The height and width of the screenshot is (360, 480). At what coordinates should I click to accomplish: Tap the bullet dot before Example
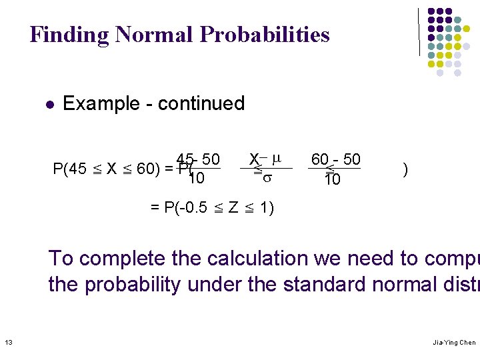(x=49, y=105)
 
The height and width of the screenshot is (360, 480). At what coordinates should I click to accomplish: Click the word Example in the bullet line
(x=99, y=104)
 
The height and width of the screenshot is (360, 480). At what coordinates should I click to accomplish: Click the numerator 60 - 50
(x=335, y=159)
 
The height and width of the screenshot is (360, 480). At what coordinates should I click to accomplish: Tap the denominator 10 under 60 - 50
(x=332, y=179)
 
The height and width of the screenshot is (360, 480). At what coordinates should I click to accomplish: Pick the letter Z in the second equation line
(x=233, y=207)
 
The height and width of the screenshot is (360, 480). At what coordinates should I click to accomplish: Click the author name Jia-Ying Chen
(x=454, y=343)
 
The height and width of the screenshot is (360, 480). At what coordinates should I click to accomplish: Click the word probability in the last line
(x=133, y=285)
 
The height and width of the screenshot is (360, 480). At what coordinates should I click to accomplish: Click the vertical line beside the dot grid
(x=419, y=31)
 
